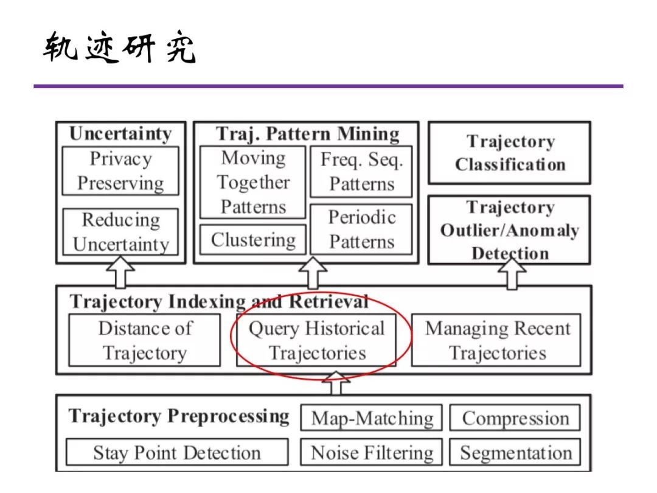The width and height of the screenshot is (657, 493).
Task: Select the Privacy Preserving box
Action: [x=120, y=170]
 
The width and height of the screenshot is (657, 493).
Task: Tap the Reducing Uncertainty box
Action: [x=120, y=232]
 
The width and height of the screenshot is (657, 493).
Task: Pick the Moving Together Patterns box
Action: [x=253, y=182]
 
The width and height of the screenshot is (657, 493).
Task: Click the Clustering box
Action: [x=253, y=240]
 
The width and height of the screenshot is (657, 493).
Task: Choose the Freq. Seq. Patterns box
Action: [x=361, y=172]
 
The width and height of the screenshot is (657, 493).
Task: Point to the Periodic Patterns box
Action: [x=361, y=229]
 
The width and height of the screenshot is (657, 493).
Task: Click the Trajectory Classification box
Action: [x=510, y=153]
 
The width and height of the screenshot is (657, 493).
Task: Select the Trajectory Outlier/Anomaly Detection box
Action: [x=510, y=230]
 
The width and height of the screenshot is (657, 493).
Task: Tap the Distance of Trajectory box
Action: [x=145, y=340]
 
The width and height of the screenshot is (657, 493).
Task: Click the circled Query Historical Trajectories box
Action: [x=316, y=340]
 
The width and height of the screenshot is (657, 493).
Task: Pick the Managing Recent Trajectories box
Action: [x=496, y=340]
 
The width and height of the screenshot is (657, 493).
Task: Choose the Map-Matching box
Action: [x=372, y=418]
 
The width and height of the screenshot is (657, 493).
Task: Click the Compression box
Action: [x=515, y=418]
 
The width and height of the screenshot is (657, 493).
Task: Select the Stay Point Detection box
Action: [x=176, y=453]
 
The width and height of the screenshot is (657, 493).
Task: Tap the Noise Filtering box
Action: [x=372, y=453]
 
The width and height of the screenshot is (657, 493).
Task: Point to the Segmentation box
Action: [x=515, y=453]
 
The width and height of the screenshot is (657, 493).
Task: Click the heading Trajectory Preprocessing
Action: [x=178, y=416]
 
